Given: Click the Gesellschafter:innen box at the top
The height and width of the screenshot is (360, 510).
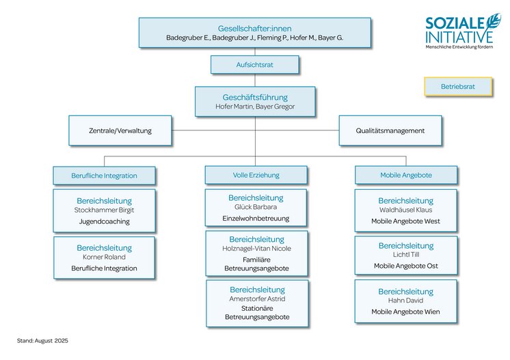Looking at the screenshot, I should pos(254,33).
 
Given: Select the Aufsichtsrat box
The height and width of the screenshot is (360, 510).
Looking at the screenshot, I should pos(255,65).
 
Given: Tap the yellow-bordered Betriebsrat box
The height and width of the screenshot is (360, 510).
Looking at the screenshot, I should pos(457,87).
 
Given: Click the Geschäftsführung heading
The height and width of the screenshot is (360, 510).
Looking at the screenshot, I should pos(255,97).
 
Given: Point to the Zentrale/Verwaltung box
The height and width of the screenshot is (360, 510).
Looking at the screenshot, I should pos(120,130).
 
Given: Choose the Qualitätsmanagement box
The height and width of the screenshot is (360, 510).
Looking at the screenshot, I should pos(390,130).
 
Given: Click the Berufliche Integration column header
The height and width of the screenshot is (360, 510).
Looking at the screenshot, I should pos(104,176).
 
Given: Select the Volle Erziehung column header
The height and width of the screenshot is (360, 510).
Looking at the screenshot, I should pos(256,175).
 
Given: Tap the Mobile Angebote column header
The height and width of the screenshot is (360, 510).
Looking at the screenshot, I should pos(405,175).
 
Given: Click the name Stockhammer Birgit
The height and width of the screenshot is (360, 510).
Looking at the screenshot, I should pos(104,210).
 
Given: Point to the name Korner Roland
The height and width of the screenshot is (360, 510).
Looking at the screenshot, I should pos(104,258).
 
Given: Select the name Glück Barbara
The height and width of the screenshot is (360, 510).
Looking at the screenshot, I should pos(256,207).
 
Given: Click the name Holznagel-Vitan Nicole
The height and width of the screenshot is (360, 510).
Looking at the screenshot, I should pos(256,249).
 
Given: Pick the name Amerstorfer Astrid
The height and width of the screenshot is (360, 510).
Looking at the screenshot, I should pos(256,299).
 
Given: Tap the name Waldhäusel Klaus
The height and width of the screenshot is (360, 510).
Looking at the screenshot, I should pos(405,210).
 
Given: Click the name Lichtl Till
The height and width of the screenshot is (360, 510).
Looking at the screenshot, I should pos(405,255).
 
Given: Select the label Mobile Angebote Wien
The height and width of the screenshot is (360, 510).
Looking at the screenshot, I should pos(405,311).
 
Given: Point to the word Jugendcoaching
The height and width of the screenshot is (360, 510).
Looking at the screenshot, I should pos(104,221).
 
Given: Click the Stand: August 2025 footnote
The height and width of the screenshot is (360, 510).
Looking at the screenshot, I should pos(42,340).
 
